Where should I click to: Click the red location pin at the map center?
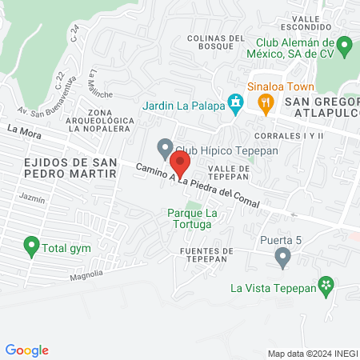tap(181, 164)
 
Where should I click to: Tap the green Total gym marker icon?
tap(31, 246)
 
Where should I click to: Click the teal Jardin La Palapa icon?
tap(235, 103)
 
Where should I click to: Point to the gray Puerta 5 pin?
tap(282, 257)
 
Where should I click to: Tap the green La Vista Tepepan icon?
tap(326, 285)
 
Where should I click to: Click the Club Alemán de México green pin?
tap(344, 45)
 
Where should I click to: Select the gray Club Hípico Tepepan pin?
tap(164, 148)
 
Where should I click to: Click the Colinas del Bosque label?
tap(215, 42)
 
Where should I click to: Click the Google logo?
tap(27, 350)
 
